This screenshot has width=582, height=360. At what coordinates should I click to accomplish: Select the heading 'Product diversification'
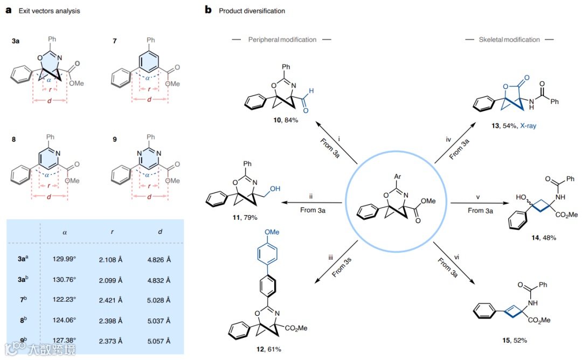click(252, 11)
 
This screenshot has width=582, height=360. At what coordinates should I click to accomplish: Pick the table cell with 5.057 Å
click(159, 341)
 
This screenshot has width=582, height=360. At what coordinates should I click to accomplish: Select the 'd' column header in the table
click(159, 232)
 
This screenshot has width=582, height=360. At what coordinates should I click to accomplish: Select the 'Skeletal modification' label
click(509, 40)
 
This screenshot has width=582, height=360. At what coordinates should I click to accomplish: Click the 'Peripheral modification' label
click(282, 40)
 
